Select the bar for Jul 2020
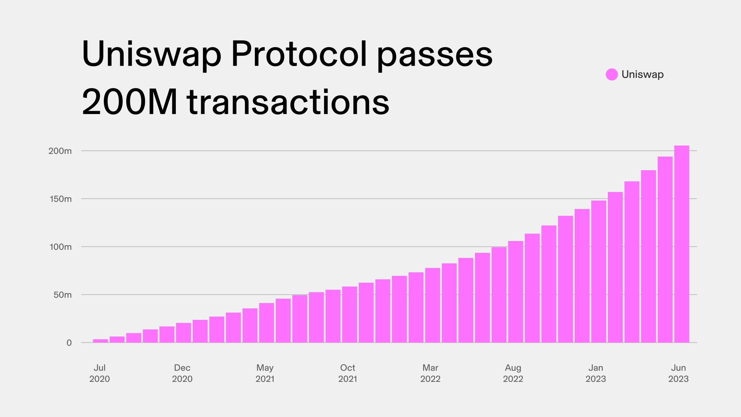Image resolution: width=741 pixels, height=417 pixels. pyautogui.click(x=100, y=341)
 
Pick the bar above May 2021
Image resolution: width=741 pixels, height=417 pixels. pyautogui.click(x=266, y=323)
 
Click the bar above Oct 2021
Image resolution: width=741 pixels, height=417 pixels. pyautogui.click(x=350, y=315)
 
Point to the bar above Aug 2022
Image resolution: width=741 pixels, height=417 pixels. pyautogui.click(x=516, y=292)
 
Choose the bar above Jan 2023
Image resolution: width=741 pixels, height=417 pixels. pyautogui.click(x=598, y=271)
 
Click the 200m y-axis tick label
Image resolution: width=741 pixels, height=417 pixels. pyautogui.click(x=60, y=151)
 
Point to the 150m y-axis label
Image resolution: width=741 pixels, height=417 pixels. pyautogui.click(x=60, y=199)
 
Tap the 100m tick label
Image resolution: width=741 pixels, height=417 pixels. pyautogui.click(x=60, y=247)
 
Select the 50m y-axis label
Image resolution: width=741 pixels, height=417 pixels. pyautogui.click(x=63, y=295)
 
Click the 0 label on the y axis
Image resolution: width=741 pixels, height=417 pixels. pyautogui.click(x=69, y=343)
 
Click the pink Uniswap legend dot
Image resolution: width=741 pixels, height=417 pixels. pyautogui.click(x=611, y=75)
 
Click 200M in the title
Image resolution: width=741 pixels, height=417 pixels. pyautogui.click(x=130, y=103)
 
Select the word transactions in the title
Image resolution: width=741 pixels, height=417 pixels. pyautogui.click(x=288, y=103)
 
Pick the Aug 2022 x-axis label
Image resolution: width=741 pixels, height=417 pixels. pyautogui.click(x=513, y=373)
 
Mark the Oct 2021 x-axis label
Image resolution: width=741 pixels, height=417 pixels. pyautogui.click(x=348, y=373)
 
